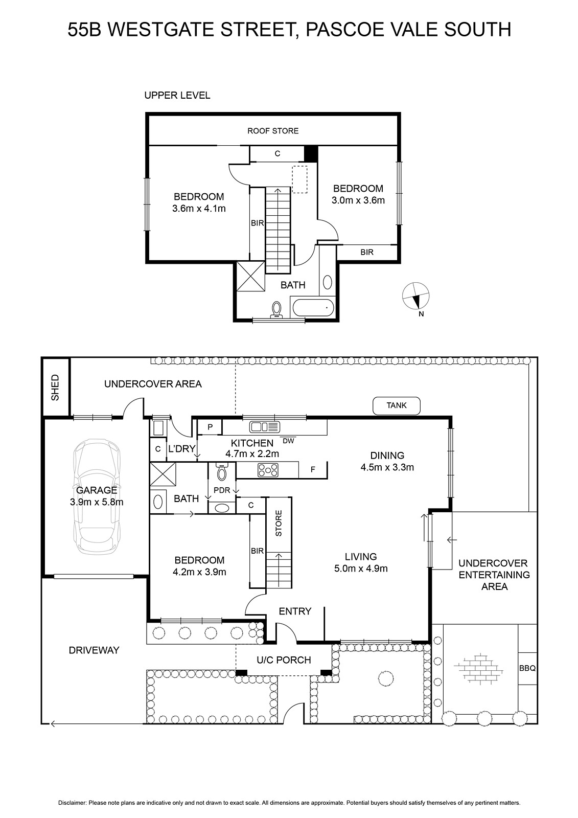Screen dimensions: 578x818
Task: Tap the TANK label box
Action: [x=396, y=406]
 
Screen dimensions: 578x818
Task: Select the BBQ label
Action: [x=527, y=668]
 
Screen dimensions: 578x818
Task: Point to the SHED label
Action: [x=55, y=387]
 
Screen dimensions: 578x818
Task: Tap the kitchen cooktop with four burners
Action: [x=268, y=470]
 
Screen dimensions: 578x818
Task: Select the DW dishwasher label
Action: [x=288, y=441]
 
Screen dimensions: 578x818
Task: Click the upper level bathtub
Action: [x=312, y=308]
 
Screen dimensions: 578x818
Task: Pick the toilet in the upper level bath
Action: [x=276, y=310]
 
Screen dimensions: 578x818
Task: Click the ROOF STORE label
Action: [x=273, y=131]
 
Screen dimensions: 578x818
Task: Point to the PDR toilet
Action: [x=222, y=472]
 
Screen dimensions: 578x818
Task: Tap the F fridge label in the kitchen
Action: [x=313, y=470]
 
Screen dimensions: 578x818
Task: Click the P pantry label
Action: [x=210, y=427]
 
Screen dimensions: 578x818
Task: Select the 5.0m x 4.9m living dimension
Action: [x=361, y=568]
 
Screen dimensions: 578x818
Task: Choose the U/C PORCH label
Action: [x=284, y=660]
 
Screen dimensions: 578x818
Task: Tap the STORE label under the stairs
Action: [x=279, y=524]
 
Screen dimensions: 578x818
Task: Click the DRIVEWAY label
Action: [x=94, y=650]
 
